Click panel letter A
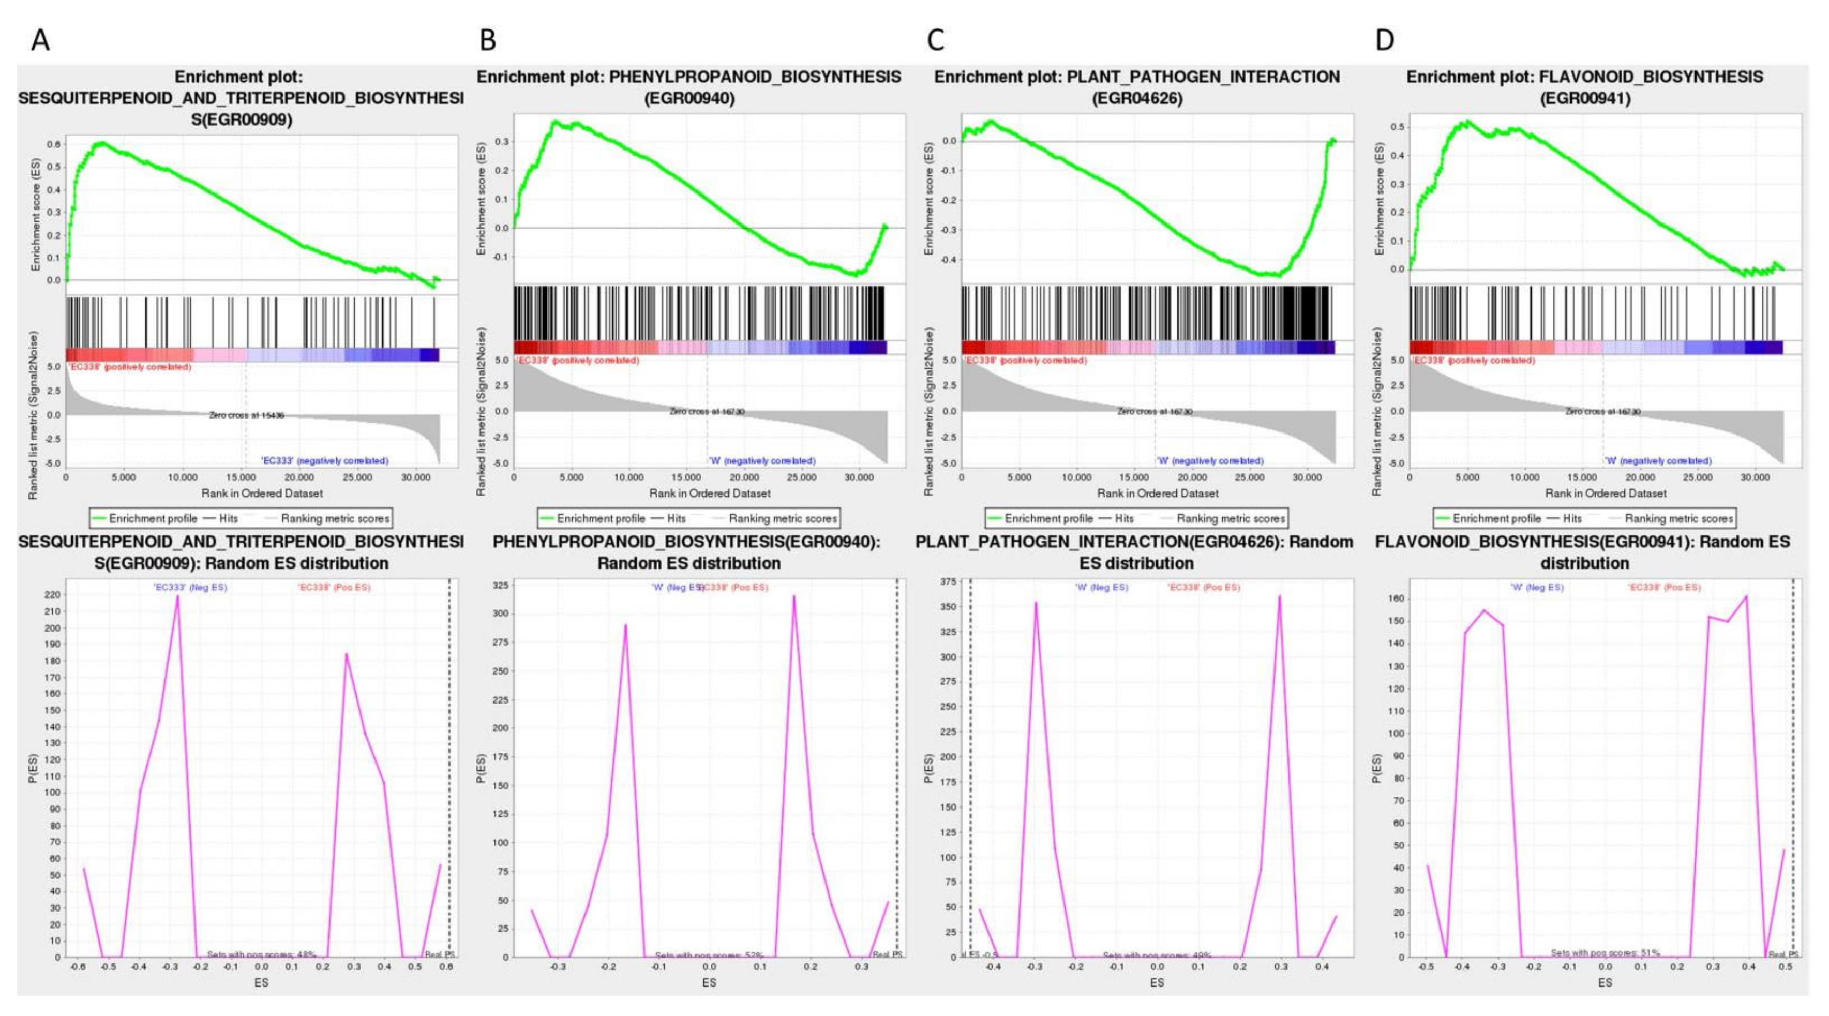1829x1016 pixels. [40, 40]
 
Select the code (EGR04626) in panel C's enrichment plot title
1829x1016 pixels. [1137, 98]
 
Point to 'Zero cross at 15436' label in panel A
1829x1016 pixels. [246, 415]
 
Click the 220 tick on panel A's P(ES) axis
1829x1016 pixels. [52, 595]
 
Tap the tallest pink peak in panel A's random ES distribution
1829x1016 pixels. [177, 596]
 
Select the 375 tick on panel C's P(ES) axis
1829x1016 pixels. [948, 582]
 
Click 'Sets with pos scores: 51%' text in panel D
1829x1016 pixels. [1605, 953]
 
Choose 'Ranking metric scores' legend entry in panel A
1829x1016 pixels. [335, 518]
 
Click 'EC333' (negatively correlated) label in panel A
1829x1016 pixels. [324, 461]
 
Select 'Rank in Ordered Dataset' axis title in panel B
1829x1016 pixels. [709, 492]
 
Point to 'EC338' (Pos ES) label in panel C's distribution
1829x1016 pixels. [1204, 587]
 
